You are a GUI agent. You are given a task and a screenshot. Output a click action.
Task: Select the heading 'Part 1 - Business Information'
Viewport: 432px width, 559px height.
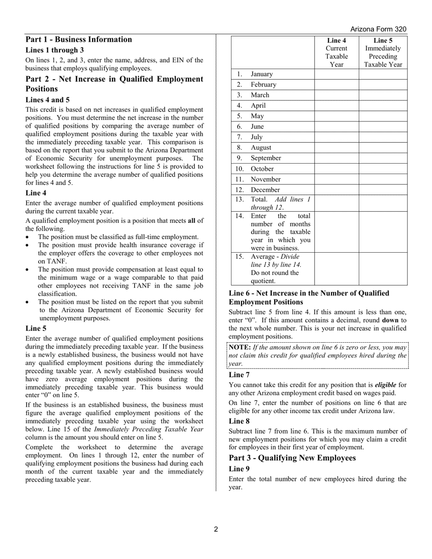(79, 40)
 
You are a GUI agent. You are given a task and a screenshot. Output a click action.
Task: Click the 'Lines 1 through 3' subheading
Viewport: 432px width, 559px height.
(55, 50)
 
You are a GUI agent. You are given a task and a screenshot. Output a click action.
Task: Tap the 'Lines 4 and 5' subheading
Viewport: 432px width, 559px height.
(48, 100)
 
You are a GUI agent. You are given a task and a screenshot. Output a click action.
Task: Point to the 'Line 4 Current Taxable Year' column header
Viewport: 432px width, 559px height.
(337, 52)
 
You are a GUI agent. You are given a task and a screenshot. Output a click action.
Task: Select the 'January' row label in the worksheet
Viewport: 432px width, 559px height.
(261, 74)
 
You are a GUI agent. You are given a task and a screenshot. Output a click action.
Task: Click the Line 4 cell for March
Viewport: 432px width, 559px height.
(337, 95)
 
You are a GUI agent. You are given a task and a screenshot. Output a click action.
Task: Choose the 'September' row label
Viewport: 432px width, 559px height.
(266, 158)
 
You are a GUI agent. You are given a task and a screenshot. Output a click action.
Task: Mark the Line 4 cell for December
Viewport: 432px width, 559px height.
(337, 190)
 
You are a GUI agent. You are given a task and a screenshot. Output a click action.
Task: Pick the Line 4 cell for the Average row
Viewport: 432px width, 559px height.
(337, 269)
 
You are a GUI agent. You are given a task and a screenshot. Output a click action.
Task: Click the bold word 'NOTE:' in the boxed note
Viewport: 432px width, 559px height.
(240, 347)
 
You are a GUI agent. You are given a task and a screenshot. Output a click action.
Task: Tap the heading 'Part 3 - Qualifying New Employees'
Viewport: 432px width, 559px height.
(292, 458)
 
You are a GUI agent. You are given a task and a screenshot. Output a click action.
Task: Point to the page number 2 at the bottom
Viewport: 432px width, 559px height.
(216, 529)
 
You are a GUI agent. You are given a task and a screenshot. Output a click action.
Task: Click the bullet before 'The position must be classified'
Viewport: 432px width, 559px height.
(28, 237)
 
